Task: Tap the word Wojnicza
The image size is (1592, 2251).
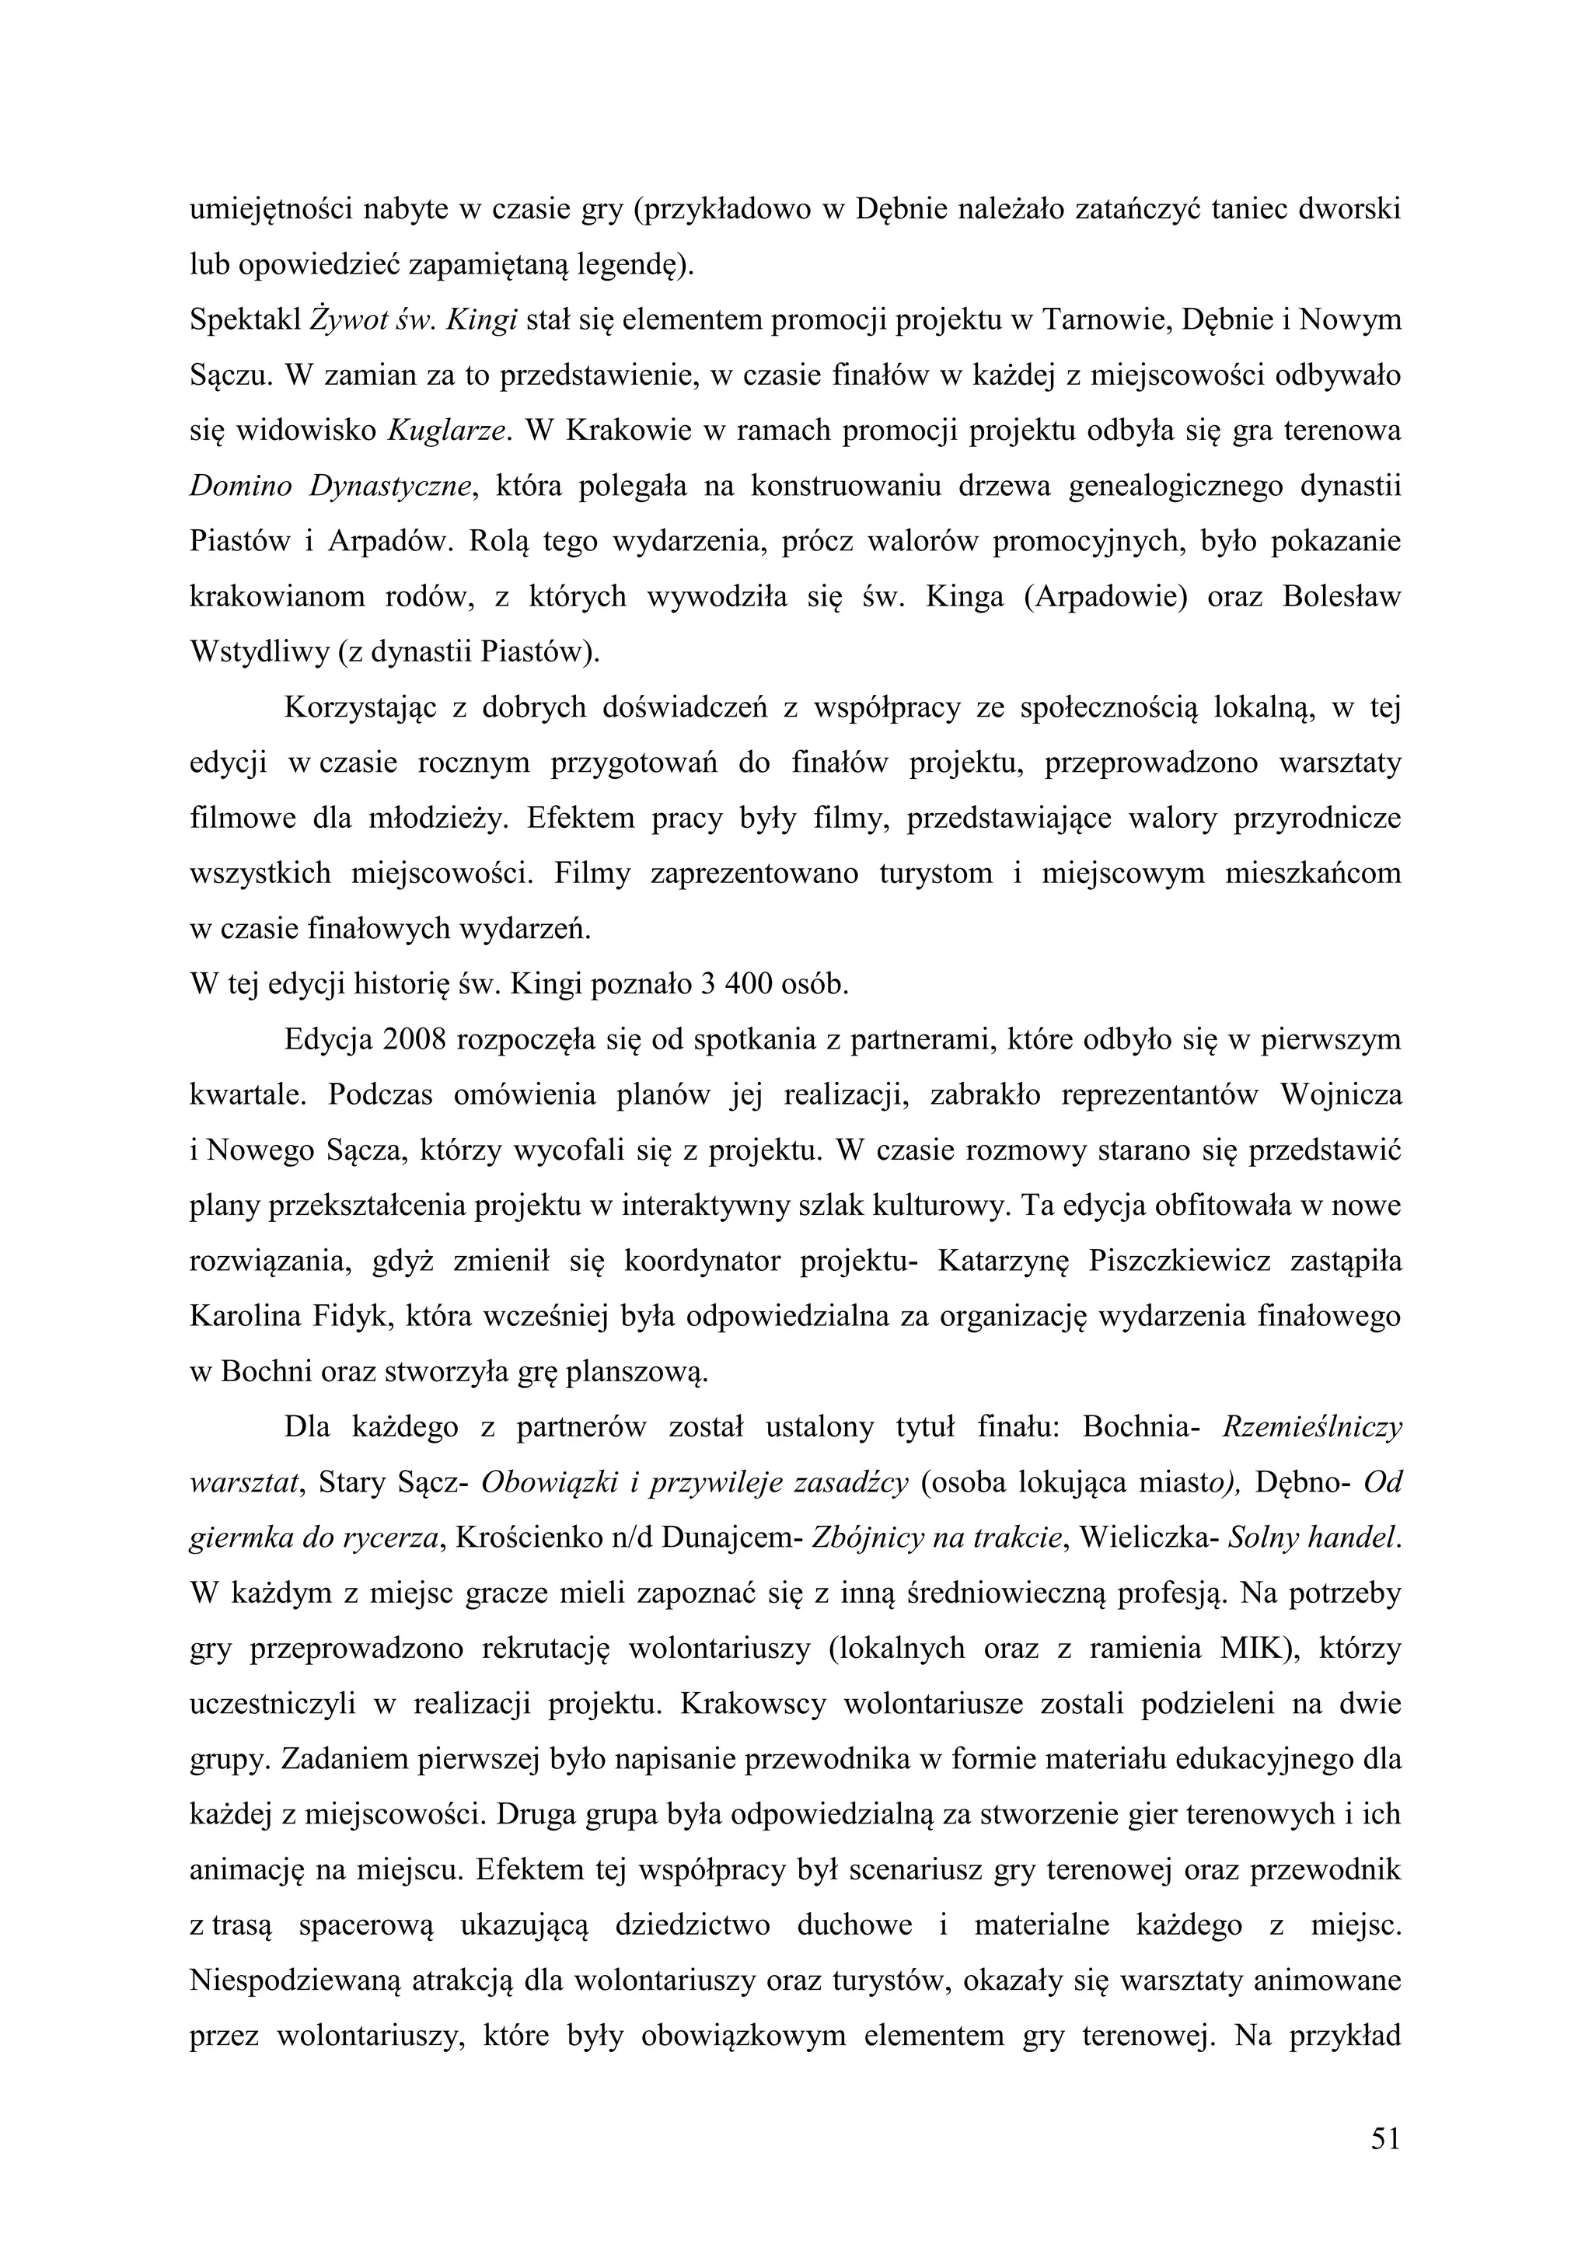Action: click(x=1341, y=1095)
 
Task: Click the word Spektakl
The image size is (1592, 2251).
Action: click(x=244, y=319)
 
